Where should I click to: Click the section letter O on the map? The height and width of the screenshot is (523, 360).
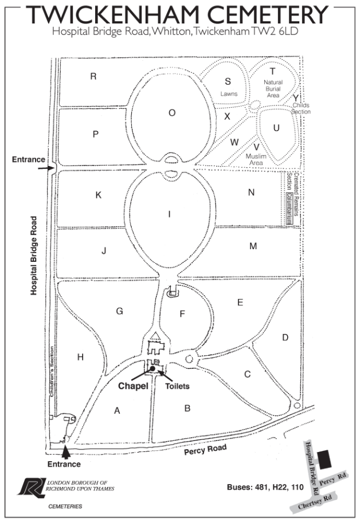[171, 113]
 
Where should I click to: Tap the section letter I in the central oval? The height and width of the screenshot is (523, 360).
[169, 214]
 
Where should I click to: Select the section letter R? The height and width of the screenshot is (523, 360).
[93, 76]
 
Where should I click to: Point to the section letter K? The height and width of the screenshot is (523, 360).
[98, 195]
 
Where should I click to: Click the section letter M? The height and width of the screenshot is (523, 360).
[253, 246]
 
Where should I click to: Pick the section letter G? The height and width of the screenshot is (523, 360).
[119, 311]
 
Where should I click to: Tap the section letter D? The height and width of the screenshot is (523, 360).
[284, 337]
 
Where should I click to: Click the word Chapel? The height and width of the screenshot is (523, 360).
[134, 386]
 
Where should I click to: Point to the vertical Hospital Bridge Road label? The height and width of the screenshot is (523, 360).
[35, 255]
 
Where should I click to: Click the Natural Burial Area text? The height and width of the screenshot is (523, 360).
[273, 89]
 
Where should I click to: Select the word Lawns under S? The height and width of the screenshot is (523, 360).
[228, 93]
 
